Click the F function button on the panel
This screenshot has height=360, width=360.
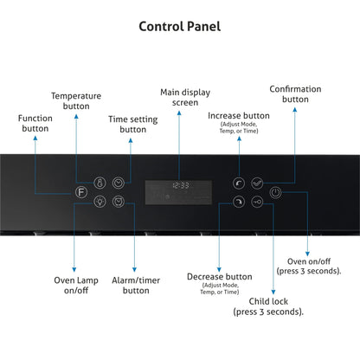[x=81, y=192]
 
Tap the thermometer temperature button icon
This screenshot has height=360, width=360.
[x=100, y=183]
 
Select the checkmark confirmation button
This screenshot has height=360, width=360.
[x=257, y=183]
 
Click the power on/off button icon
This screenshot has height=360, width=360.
[x=275, y=192]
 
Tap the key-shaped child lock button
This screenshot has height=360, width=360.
[x=257, y=202]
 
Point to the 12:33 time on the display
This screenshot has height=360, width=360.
[x=181, y=185]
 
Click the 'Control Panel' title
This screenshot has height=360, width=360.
[x=180, y=27]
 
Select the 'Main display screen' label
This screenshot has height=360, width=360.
[x=185, y=98]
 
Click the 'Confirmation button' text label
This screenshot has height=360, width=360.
[x=295, y=94]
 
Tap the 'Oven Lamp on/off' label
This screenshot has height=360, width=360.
[x=76, y=286]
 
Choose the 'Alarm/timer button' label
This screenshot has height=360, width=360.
[x=136, y=286]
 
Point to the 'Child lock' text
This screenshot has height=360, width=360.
[x=268, y=301]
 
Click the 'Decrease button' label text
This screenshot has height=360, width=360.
[x=220, y=277]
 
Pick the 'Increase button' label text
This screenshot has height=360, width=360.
[x=239, y=116]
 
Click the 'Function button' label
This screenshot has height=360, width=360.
[x=35, y=123]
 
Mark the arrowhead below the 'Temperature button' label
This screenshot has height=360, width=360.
[x=76, y=116]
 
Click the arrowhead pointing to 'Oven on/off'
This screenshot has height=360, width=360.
[x=307, y=254]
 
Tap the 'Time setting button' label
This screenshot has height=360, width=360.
[x=133, y=125]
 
